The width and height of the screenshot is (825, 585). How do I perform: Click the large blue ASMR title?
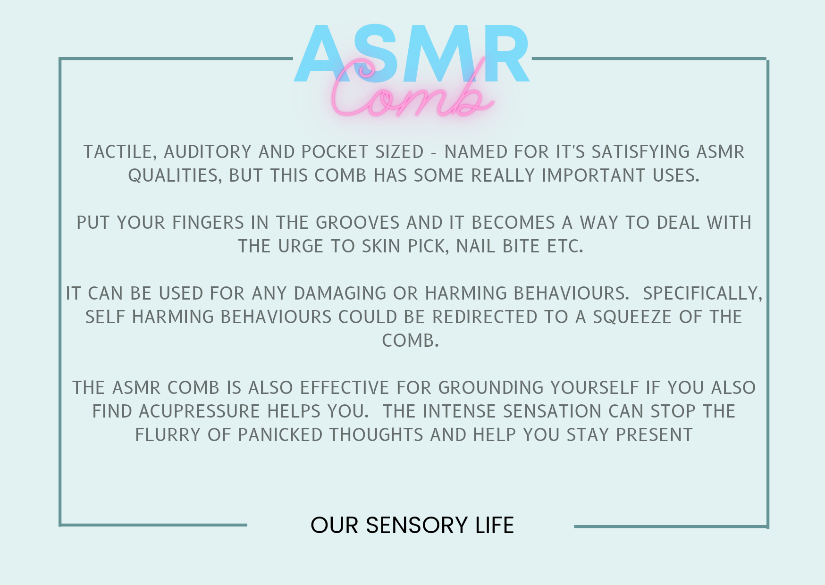412,54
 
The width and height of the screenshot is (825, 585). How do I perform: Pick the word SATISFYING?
641,152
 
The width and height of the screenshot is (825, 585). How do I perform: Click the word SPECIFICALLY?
703,294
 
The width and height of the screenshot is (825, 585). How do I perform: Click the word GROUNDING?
491,388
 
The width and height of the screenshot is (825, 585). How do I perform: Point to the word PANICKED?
280,435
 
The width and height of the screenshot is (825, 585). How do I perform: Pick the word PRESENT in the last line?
654,435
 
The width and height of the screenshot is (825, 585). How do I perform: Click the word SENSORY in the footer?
416,526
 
